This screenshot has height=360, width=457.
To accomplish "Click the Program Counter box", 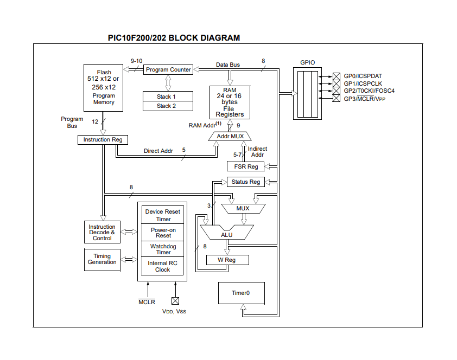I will pyautogui.click(x=168, y=69).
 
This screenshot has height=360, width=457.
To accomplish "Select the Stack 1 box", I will pyautogui.click(x=167, y=97).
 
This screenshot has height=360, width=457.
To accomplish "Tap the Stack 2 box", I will pyautogui.click(x=167, y=106).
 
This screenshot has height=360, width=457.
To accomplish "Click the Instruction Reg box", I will pyautogui.click(x=103, y=140).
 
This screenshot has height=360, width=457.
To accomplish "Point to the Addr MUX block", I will pyautogui.click(x=230, y=136).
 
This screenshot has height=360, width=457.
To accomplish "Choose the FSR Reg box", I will pyautogui.click(x=246, y=166).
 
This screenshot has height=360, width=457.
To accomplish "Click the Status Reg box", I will pyautogui.click(x=246, y=182).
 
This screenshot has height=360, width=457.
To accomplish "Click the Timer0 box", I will pyautogui.click(x=241, y=293).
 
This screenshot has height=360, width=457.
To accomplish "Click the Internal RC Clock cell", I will pyautogui.click(x=163, y=266).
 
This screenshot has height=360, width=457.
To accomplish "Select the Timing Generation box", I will pyautogui.click(x=102, y=259).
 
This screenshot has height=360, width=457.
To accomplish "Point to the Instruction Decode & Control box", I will pyautogui.click(x=102, y=233).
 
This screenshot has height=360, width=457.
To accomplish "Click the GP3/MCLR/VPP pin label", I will pyautogui.click(x=365, y=98).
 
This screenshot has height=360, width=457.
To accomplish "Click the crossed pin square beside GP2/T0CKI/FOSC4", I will pyautogui.click(x=337, y=91).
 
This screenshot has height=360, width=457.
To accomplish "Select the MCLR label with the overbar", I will pyautogui.click(x=147, y=302).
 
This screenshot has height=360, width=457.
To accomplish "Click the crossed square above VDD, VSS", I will pyautogui.click(x=175, y=300).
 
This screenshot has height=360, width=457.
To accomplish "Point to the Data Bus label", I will pyautogui.click(x=228, y=65).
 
